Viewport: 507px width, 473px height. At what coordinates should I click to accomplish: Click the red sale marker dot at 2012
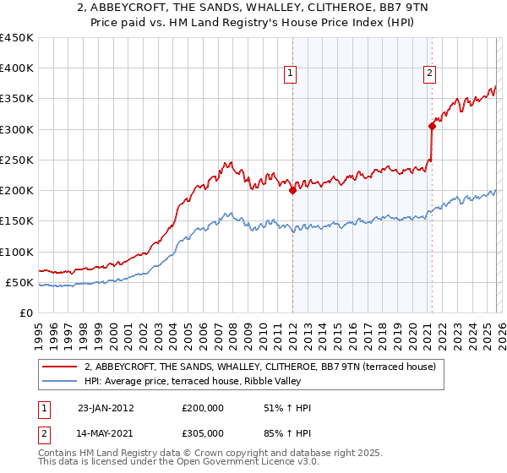[292, 191]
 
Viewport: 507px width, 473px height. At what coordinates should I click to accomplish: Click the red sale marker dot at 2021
[432, 127]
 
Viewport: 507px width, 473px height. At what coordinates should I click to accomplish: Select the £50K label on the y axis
[20, 282]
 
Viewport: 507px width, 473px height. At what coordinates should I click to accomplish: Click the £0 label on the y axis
[26, 313]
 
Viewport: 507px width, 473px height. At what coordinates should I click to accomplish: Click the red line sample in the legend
[60, 367]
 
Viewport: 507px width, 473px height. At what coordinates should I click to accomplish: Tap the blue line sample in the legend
[60, 381]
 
